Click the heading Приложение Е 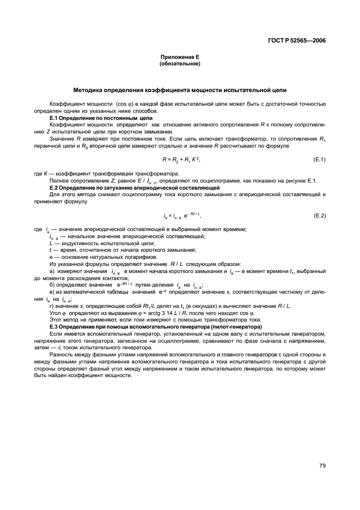click(180, 57)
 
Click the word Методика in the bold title click(90, 89)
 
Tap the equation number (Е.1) click(319, 159)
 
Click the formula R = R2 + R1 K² click(178, 159)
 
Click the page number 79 click(322, 465)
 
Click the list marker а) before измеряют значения click(52, 271)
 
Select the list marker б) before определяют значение click(52, 284)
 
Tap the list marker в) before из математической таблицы click(52, 292)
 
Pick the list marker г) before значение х click(52, 306)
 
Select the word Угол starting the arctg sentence click(55, 313)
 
